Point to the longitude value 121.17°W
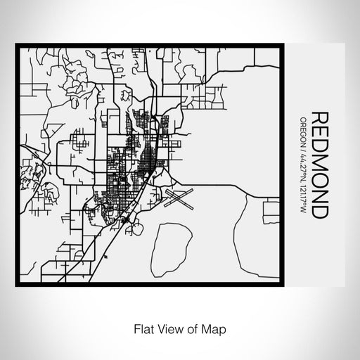pyautogui.click(x=303, y=193)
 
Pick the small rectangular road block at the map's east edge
pyautogui.click(x=270, y=208)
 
